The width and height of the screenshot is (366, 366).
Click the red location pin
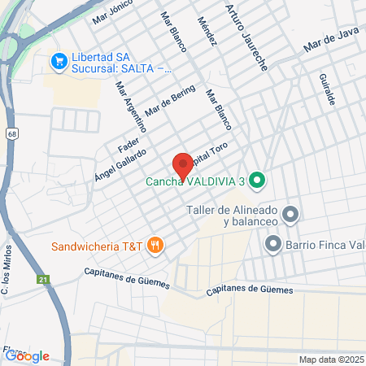(182, 165)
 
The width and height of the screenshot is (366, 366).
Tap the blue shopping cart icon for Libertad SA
(59, 61)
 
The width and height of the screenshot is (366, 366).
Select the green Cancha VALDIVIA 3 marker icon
(257, 181)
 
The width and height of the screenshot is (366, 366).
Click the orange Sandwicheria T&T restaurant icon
(155, 244)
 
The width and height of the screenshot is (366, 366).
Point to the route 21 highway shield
(41, 280)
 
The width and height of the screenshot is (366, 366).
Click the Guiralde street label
(327, 88)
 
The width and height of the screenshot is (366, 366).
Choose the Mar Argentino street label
(130, 106)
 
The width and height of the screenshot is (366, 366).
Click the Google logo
(27, 355)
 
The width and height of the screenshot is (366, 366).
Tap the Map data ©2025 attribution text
(329, 359)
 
